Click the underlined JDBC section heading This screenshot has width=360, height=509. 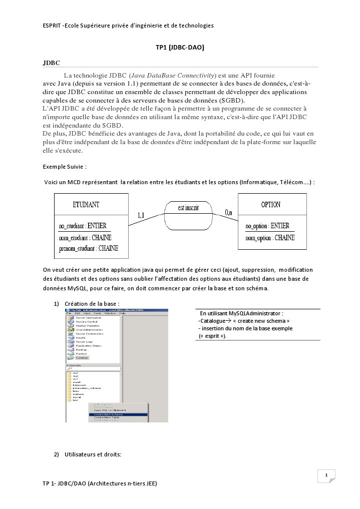click(x=52, y=63)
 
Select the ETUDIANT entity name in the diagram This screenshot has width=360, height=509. click(x=86, y=205)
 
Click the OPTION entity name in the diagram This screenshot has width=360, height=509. click(x=270, y=205)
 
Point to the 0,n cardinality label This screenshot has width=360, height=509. click(x=228, y=213)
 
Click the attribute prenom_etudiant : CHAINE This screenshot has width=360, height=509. click(x=88, y=248)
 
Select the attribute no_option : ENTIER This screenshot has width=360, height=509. click(x=267, y=226)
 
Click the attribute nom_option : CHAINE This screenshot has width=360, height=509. click(x=270, y=238)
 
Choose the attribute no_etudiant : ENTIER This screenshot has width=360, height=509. click(x=83, y=226)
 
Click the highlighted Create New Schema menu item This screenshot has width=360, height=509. click(x=108, y=414)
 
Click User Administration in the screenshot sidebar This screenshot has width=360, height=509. click(x=89, y=329)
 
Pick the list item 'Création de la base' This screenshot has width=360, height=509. click(x=92, y=304)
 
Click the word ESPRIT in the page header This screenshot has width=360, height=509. click(x=52, y=25)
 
